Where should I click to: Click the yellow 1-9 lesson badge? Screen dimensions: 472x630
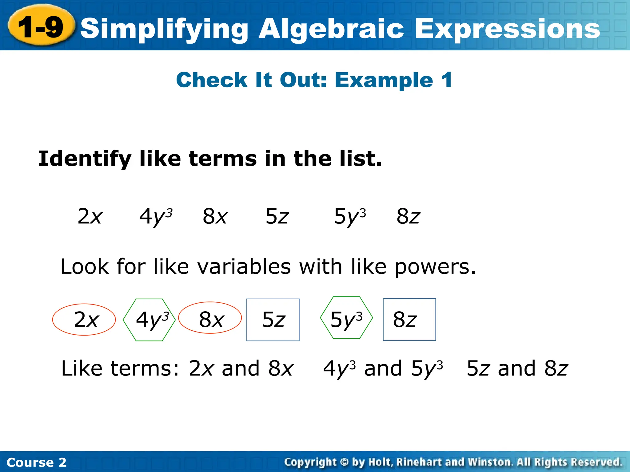(x=41, y=27)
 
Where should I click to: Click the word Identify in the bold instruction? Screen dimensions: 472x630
(x=85, y=159)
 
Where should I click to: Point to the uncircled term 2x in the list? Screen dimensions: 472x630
(x=90, y=216)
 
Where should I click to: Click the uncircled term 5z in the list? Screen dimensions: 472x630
(x=277, y=216)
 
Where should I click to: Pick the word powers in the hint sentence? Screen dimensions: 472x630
(x=435, y=266)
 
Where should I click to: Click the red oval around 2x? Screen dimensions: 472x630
(x=84, y=320)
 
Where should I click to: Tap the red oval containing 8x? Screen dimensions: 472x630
(x=210, y=318)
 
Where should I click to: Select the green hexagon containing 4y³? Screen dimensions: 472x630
(x=149, y=320)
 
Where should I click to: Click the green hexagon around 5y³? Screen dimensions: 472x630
(x=346, y=318)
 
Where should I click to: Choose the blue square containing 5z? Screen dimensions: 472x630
(x=273, y=320)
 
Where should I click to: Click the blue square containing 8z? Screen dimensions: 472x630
(x=409, y=320)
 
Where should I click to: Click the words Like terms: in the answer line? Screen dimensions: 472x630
(x=120, y=368)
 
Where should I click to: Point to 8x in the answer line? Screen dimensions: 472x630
(x=281, y=368)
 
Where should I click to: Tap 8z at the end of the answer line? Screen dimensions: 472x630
(x=556, y=368)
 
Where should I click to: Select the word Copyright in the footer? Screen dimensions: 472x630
(x=310, y=462)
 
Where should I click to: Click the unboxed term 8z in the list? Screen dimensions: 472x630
(x=408, y=216)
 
